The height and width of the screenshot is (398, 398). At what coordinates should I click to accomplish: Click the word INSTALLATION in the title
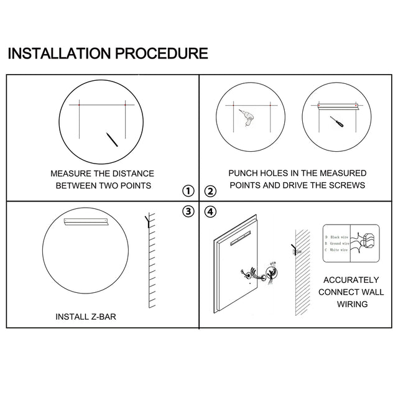(58, 53)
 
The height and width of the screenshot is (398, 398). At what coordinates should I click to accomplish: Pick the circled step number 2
(210, 191)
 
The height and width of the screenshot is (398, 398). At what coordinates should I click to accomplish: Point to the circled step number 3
(189, 212)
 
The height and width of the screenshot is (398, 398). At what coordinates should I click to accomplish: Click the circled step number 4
(210, 212)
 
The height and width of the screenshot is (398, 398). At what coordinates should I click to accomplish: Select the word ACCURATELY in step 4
(351, 280)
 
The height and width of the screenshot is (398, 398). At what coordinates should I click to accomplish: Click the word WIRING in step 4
(351, 304)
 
